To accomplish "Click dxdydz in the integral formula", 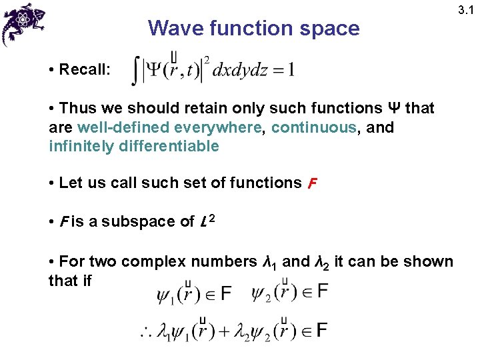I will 241,70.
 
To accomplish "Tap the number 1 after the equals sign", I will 291,70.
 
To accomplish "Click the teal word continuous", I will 315,127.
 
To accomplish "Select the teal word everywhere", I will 217,127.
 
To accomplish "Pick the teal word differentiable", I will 167,146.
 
